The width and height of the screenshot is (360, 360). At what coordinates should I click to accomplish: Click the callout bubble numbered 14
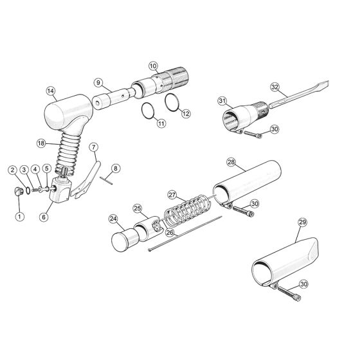point(51,91)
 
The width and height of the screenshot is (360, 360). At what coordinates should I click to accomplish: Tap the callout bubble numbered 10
point(153,66)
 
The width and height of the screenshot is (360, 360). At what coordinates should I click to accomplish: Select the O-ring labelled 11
point(148,111)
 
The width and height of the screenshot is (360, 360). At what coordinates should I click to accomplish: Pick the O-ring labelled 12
point(172,102)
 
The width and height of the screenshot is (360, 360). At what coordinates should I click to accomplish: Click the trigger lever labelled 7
point(86,180)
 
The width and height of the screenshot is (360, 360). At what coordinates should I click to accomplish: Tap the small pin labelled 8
point(106,180)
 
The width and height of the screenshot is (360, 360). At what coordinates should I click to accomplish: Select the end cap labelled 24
point(125,239)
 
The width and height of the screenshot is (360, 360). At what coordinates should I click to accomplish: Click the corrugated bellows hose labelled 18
point(68,154)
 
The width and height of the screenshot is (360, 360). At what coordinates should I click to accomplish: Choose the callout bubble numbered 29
point(303,222)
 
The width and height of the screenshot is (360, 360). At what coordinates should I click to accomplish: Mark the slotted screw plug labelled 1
point(19,192)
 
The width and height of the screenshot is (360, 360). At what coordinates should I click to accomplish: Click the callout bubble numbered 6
point(44,217)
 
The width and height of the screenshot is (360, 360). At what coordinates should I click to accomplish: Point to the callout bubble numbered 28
point(231,162)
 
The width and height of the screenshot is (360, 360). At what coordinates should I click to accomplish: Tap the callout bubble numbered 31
point(222,101)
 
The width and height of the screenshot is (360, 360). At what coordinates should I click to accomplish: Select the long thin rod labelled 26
point(186,233)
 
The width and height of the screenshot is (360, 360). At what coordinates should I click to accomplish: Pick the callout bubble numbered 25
point(138,208)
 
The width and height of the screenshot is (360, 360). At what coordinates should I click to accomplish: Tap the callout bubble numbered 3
point(24,170)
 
